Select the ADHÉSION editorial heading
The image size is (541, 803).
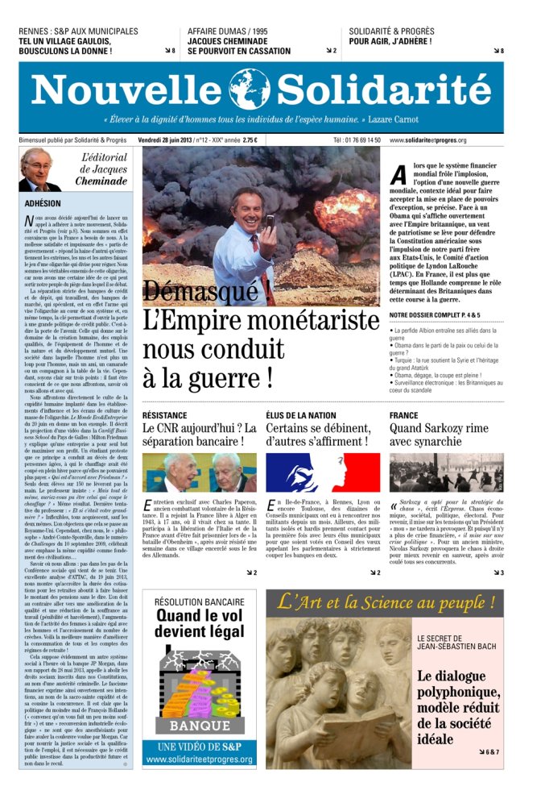[43, 204]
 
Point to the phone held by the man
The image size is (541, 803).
[270, 220]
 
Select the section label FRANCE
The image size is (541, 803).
[404, 414]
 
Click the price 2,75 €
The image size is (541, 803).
[250, 139]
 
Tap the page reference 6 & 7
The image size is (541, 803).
[491, 751]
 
